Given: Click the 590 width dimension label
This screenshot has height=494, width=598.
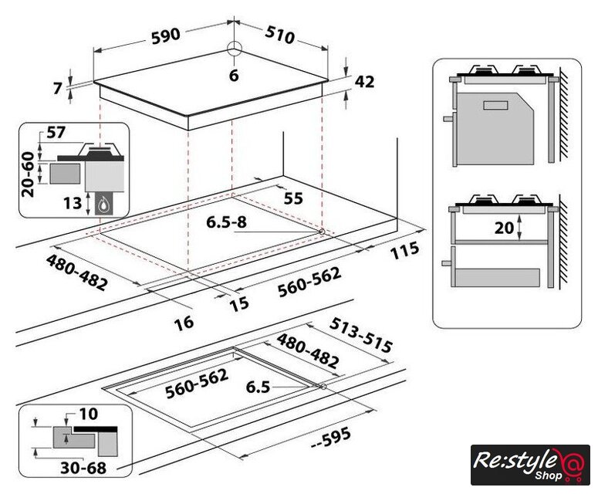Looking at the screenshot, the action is click(x=166, y=36).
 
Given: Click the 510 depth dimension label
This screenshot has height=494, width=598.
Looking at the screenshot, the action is click(x=280, y=35).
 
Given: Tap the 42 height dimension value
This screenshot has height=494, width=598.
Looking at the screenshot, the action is click(x=365, y=82).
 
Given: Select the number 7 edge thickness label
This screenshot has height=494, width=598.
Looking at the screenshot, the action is click(x=58, y=89).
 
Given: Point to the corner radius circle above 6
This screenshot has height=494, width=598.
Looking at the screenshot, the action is click(x=234, y=49).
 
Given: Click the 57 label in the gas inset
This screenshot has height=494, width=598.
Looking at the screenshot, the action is click(x=56, y=132).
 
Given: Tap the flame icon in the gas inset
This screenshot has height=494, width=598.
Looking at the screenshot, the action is click(x=103, y=206).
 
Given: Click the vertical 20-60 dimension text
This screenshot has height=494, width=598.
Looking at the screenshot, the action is click(x=29, y=174).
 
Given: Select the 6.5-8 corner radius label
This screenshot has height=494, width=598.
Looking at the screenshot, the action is click(x=227, y=222).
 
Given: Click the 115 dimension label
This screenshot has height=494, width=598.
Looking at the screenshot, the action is click(x=404, y=251).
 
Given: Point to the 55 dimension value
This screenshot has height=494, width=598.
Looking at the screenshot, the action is click(x=293, y=198).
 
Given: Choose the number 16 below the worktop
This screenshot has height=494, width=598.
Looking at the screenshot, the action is click(x=184, y=323).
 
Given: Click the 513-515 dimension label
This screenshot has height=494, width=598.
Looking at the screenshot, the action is click(x=361, y=335).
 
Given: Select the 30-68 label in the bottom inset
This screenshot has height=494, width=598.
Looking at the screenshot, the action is click(x=83, y=468).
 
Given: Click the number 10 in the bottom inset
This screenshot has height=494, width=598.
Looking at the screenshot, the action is click(x=89, y=414).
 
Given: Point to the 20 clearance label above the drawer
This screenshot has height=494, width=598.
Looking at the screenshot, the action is click(x=504, y=228).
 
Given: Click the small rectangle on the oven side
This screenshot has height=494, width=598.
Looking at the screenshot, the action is click(x=496, y=106).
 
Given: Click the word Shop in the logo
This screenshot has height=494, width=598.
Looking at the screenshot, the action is click(x=548, y=475).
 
